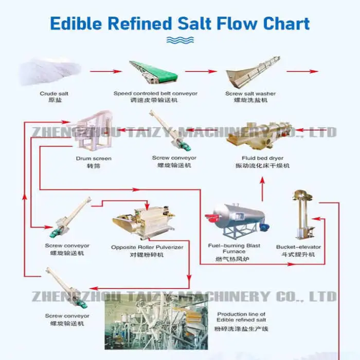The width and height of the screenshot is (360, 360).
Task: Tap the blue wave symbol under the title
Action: [179, 41]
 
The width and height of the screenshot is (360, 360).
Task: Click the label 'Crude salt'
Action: [54, 94]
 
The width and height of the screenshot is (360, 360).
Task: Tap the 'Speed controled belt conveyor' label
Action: [155, 94]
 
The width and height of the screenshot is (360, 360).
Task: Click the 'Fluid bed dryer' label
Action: [262, 158]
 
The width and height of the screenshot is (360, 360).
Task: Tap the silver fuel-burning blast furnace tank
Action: [234, 219]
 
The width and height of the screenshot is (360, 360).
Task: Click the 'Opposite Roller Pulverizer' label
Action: [147, 247]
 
